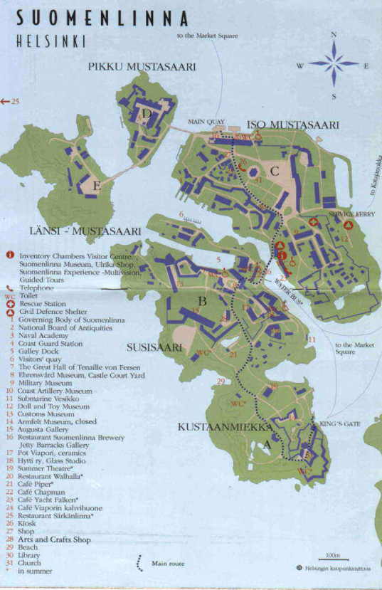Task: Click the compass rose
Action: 334,64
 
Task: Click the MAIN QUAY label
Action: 206,122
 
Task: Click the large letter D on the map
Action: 147,113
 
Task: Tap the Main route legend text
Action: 167,564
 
